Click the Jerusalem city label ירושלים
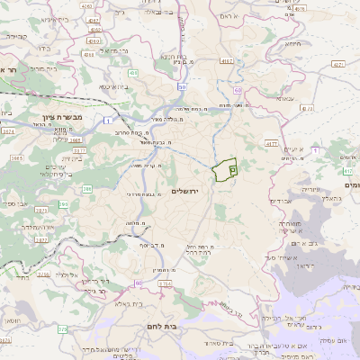189,192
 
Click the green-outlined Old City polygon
224,168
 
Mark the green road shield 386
87,189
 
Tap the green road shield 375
63,329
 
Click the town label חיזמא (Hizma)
292,43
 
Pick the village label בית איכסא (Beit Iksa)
112,86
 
